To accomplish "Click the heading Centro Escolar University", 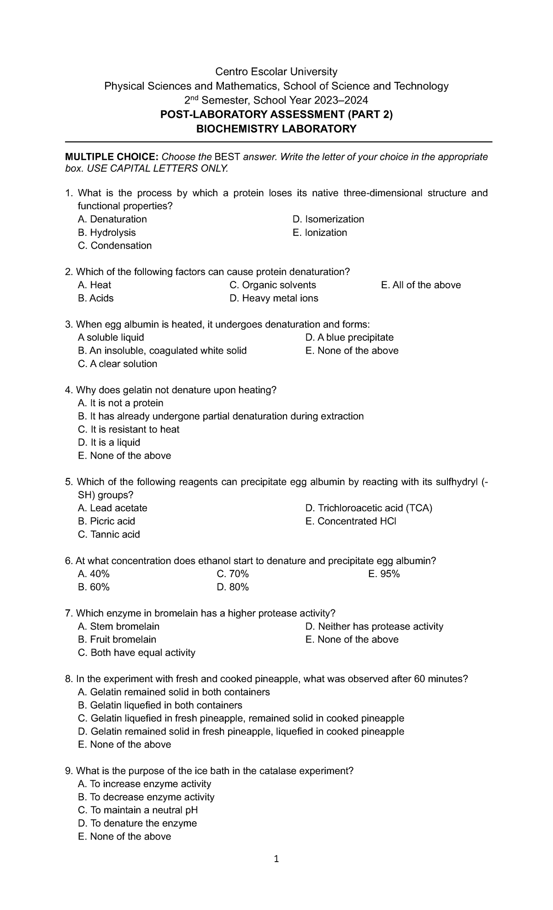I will point(276,72).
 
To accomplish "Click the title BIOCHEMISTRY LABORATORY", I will point(276,129).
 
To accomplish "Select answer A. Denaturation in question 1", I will point(112,219).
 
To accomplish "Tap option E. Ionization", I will point(320,233).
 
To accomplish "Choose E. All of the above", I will point(421,285).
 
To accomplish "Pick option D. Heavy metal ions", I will point(274,298).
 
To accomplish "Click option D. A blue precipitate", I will point(349,338).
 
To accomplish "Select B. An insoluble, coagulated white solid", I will point(162,351).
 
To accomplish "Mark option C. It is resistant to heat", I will point(129,430).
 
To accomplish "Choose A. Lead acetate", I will point(112,508).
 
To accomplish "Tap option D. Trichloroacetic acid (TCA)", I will point(369,508).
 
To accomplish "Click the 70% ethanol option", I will point(232,574).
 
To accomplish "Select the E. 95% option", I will point(384,574).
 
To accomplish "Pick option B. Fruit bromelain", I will point(117,640).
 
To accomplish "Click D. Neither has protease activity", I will point(374,627).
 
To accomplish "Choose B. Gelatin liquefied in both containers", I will point(160,706).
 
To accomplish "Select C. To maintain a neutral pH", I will point(138,810).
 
